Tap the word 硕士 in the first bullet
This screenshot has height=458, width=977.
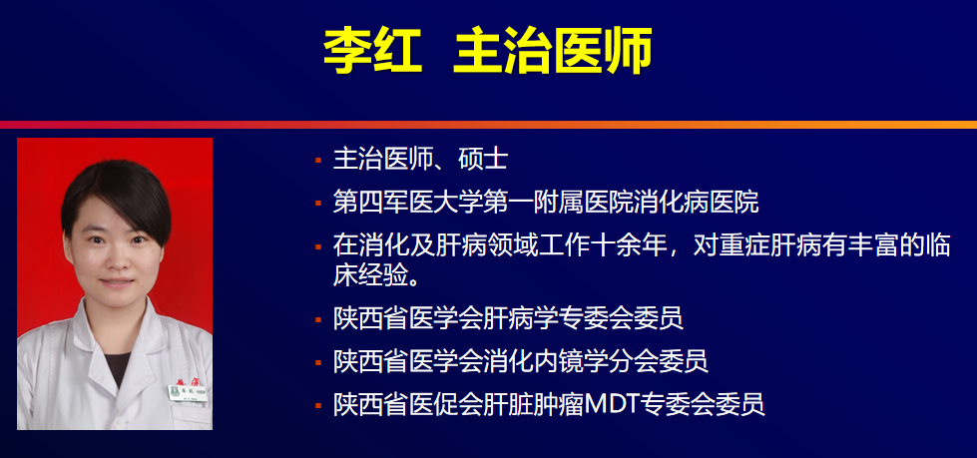[x=484, y=160]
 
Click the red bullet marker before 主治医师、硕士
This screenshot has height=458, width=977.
[x=317, y=160]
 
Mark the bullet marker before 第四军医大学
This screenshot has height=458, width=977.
[x=317, y=203]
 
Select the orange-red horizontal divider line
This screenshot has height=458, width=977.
[x=488, y=125]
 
